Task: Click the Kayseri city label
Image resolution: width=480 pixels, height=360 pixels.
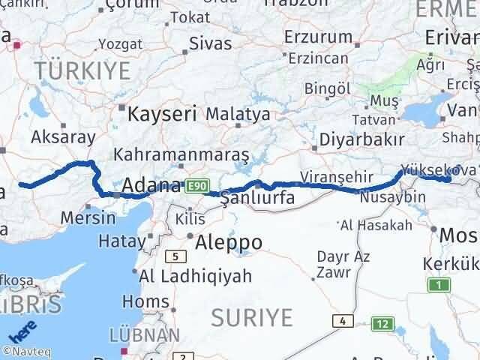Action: coord(162,114)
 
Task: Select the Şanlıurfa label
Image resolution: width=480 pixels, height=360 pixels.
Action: coord(257,198)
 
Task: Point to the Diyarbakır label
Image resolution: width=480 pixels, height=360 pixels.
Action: coord(362,139)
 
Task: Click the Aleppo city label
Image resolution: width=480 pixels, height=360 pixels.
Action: coord(228,242)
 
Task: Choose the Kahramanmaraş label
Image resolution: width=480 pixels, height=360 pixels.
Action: coord(181,154)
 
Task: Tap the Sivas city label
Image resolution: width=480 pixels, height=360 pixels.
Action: coord(210,43)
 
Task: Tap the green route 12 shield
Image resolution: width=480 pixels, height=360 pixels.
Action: coord(383,324)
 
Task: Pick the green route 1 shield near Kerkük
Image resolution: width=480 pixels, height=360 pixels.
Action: coord(437,285)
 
